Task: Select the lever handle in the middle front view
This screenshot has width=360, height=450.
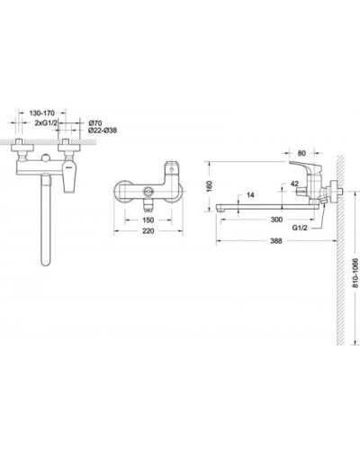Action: click(173, 172)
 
